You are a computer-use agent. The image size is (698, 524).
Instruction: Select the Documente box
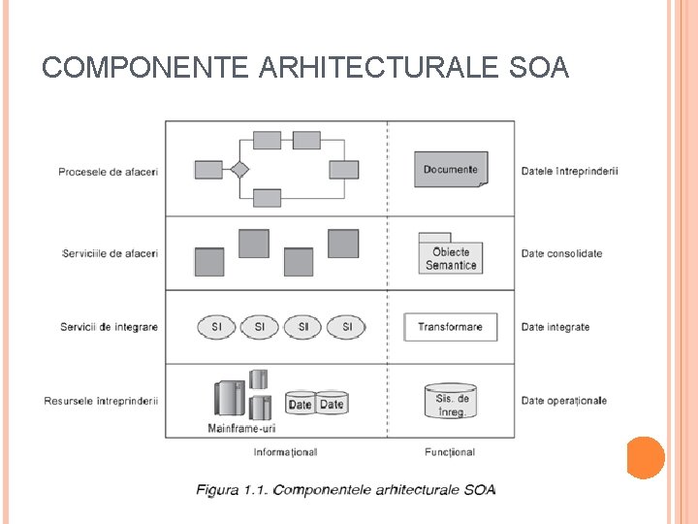click(x=451, y=169)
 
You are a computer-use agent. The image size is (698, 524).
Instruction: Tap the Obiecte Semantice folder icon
click(x=451, y=253)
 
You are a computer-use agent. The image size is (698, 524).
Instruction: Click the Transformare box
click(x=450, y=327)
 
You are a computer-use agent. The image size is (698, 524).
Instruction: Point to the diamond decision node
click(x=238, y=170)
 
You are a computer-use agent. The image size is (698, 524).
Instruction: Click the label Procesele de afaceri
click(x=108, y=172)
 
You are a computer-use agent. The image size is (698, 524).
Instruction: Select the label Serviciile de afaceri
click(x=110, y=253)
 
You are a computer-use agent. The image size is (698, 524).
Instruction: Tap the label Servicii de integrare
click(x=109, y=327)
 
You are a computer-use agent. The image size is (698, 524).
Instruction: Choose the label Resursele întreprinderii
click(x=101, y=401)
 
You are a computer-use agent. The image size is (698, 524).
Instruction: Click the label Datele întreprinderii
click(x=569, y=172)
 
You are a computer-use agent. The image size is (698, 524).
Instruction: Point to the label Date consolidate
click(x=561, y=253)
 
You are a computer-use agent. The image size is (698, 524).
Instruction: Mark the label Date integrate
click(x=555, y=327)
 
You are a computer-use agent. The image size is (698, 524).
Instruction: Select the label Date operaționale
click(x=563, y=401)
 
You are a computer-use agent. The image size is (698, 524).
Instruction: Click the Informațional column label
click(x=285, y=452)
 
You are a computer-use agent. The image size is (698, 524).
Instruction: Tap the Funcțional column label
click(x=450, y=452)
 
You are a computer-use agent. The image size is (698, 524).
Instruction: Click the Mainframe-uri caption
click(x=241, y=428)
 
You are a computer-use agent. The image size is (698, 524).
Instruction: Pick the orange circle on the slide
click(x=645, y=458)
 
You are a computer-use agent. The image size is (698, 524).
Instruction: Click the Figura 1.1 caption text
click(x=346, y=489)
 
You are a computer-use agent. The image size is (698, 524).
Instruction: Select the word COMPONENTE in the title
click(x=144, y=67)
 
